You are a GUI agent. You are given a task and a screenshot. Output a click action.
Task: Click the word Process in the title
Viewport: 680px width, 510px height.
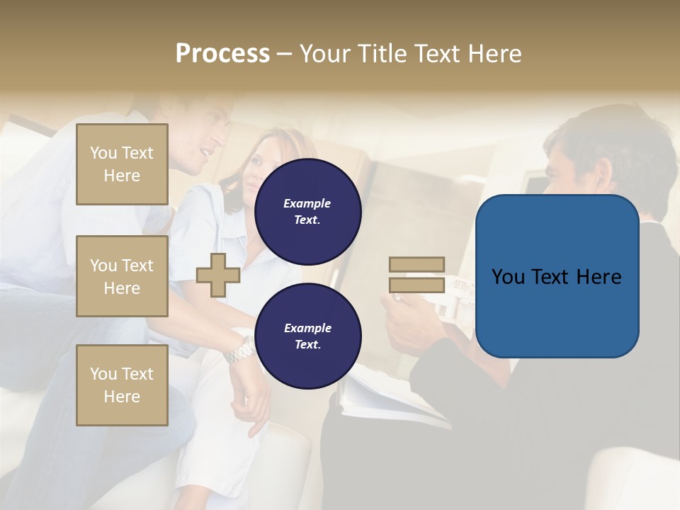click(x=222, y=54)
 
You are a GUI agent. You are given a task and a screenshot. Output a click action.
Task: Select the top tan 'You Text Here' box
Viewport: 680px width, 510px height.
click(x=122, y=164)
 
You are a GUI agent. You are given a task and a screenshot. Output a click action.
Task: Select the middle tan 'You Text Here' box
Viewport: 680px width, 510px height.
click(x=122, y=276)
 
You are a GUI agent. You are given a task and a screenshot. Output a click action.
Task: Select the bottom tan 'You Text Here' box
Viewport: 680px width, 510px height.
click(x=122, y=385)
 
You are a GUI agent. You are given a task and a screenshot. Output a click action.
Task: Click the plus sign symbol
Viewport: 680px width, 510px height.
click(x=218, y=275)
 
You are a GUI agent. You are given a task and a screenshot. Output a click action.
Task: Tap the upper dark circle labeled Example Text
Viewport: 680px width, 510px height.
click(x=307, y=212)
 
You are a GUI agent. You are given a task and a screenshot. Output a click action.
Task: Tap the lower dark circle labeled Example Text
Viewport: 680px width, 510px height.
click(x=307, y=336)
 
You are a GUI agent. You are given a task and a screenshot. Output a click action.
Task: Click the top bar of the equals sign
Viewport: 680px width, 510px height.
click(x=416, y=264)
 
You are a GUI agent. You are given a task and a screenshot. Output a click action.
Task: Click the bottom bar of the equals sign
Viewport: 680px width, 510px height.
click(x=416, y=285)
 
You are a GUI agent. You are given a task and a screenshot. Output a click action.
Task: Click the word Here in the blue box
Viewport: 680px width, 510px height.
click(x=599, y=277)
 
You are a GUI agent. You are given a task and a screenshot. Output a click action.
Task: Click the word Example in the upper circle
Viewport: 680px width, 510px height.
click(x=307, y=203)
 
